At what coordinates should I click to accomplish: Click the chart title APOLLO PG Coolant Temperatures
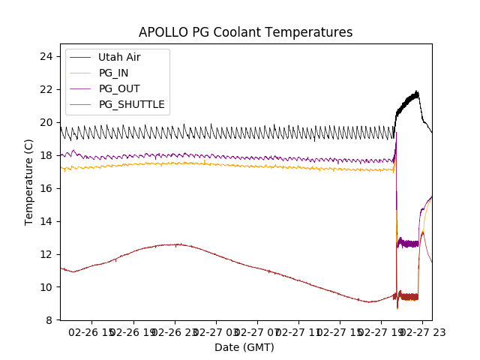pos(245,32)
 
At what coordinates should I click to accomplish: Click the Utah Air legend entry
pos(119,57)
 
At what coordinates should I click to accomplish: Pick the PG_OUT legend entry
pos(119,88)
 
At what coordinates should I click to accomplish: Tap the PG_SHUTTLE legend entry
pos(131,104)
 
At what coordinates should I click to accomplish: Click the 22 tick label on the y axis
pos(46,89)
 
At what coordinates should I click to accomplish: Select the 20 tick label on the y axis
pos(46,122)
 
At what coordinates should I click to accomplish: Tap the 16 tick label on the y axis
pos(46,188)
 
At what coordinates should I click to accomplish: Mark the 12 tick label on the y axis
pos(46,254)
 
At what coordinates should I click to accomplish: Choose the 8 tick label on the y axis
pos(49,320)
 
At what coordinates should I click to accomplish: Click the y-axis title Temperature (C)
pos(29,181)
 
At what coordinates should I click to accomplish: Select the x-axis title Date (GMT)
pos(244,347)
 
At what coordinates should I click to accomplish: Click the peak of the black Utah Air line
pos(416,91)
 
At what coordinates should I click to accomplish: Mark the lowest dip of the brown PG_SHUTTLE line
pos(397,307)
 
